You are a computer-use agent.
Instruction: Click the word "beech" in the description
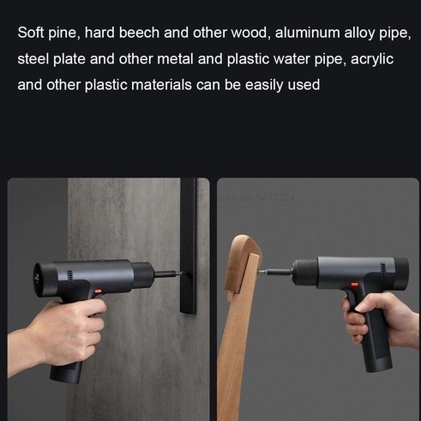point(139,33)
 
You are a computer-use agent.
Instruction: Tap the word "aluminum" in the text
point(307,33)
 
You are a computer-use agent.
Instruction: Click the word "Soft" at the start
point(31,33)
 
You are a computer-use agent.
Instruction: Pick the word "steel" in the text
point(33,59)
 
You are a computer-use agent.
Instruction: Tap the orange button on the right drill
point(354,285)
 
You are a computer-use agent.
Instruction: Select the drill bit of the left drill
point(169,274)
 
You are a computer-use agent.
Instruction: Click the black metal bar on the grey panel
point(189,246)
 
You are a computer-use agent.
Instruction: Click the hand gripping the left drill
point(62,334)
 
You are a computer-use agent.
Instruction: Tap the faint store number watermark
point(256,197)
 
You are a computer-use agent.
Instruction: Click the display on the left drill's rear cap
point(37,277)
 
